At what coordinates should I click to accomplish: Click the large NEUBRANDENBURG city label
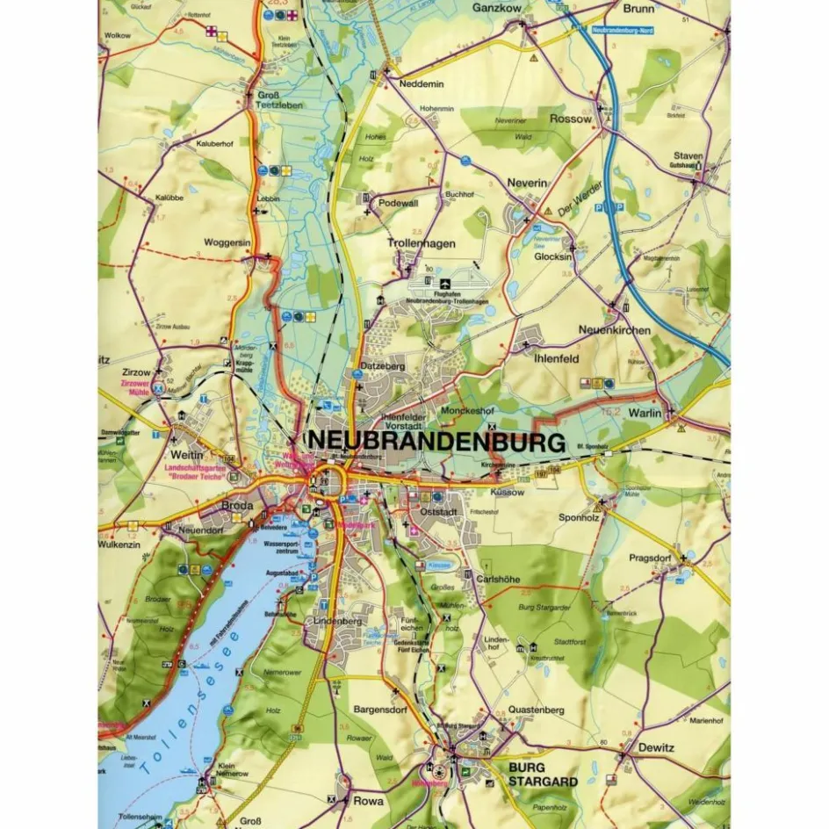click(x=434, y=441)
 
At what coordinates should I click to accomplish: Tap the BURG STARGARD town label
click(x=543, y=774)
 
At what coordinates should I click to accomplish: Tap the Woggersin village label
click(x=227, y=242)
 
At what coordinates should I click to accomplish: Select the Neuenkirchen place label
click(x=615, y=330)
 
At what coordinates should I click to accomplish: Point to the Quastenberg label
click(x=536, y=710)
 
